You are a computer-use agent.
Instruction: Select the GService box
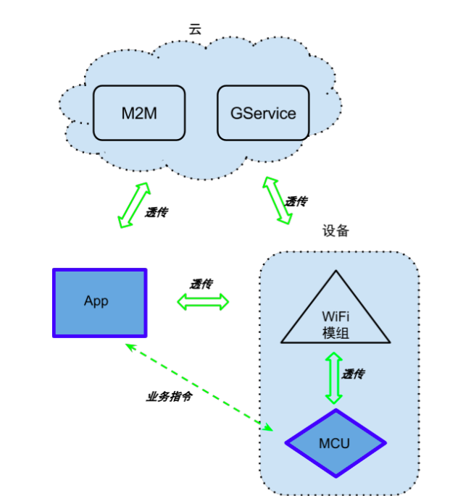pyautogui.click(x=263, y=113)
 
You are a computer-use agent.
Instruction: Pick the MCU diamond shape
pyautogui.click(x=334, y=443)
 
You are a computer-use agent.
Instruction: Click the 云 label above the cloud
pyautogui.click(x=194, y=29)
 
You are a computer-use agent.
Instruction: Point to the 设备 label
pyautogui.click(x=336, y=231)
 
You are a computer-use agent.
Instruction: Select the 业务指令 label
pyautogui.click(x=169, y=397)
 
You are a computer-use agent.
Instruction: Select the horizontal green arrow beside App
pyautogui.click(x=203, y=301)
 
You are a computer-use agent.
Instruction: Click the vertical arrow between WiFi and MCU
pyautogui.click(x=333, y=378)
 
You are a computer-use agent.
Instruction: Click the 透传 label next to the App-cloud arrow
pyautogui.click(x=157, y=213)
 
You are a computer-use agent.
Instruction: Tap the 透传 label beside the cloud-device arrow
pyautogui.click(x=296, y=201)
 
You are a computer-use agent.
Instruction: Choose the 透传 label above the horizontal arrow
pyautogui.click(x=201, y=284)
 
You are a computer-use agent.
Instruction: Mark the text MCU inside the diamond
pyautogui.click(x=334, y=443)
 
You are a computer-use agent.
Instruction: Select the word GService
pyautogui.click(x=263, y=113)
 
